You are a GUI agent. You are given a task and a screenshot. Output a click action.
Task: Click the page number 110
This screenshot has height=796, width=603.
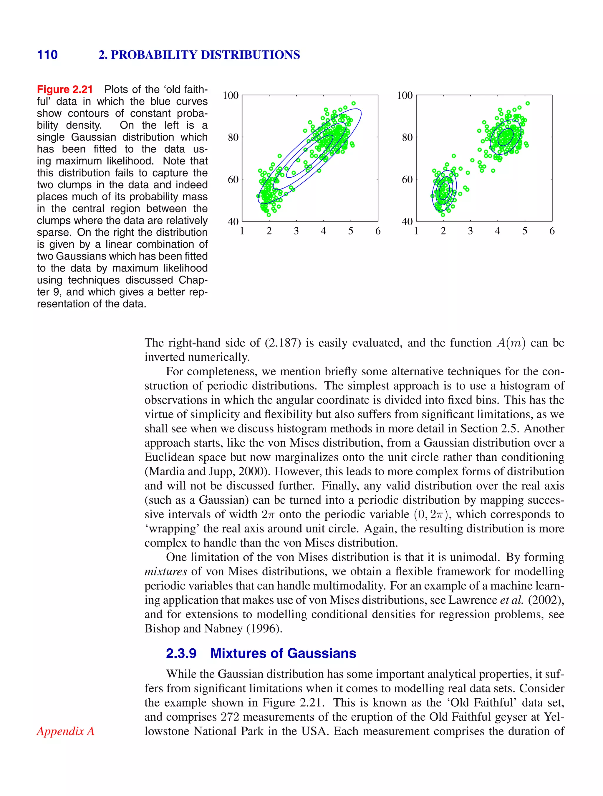(47, 55)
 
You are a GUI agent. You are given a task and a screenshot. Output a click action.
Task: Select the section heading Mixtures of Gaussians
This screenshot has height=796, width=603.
(283, 653)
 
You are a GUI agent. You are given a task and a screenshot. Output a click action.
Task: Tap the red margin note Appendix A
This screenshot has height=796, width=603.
(65, 731)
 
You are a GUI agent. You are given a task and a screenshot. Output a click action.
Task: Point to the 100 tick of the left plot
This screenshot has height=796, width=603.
(231, 95)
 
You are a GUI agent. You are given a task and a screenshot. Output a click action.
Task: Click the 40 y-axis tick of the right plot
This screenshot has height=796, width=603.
(407, 221)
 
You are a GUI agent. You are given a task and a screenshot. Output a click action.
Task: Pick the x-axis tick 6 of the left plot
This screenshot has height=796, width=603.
(378, 231)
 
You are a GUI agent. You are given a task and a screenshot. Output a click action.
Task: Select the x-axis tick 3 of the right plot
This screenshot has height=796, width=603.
(471, 231)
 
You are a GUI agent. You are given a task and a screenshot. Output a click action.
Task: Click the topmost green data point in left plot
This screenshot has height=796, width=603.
(353, 103)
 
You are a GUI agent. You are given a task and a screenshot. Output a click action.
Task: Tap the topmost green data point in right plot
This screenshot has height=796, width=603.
(528, 103)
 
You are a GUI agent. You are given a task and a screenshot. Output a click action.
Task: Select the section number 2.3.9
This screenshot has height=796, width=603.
(181, 653)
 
